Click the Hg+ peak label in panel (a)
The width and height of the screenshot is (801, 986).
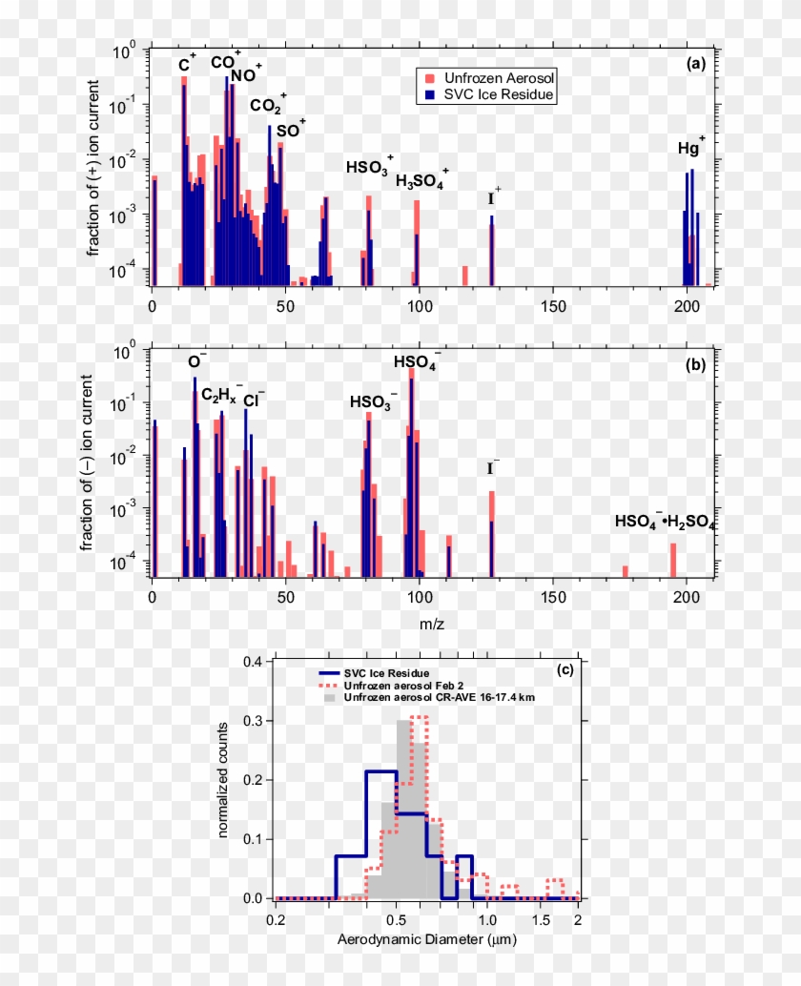point(691,148)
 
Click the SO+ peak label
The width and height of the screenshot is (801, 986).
point(291,131)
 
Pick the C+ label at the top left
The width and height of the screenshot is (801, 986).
point(187,65)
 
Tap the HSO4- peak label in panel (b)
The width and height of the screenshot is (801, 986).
point(417,362)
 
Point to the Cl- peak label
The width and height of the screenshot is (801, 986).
point(254,400)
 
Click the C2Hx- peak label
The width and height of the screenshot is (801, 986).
point(220,393)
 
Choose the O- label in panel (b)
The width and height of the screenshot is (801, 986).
point(196,361)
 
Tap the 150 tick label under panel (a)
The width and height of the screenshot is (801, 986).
point(553,306)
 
